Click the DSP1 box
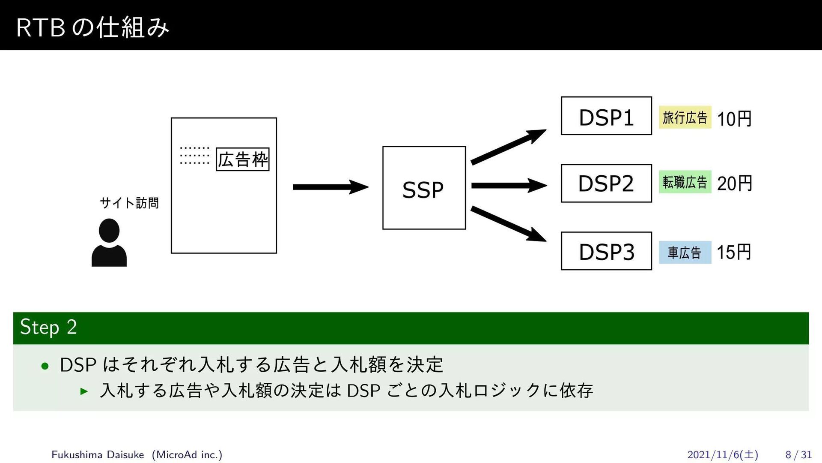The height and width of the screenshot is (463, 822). (606, 116)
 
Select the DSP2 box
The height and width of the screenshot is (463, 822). (606, 183)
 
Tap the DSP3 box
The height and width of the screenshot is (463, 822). (606, 251)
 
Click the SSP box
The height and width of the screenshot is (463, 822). (424, 188)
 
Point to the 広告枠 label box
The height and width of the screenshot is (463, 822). (243, 159)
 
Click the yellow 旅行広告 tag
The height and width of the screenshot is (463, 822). (685, 117)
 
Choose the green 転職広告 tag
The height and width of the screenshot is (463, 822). (685, 182)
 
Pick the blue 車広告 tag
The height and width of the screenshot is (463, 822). (685, 253)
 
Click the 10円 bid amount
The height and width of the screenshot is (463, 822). (734, 119)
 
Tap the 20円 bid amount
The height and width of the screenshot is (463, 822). (735, 183)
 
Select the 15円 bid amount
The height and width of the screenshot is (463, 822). (734, 252)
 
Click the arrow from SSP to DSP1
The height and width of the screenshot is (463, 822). (508, 147)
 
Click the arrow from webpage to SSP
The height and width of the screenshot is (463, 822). (330, 187)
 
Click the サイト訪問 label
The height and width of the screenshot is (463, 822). (129, 203)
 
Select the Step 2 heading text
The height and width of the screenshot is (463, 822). (48, 328)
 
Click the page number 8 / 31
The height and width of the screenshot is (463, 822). (798, 455)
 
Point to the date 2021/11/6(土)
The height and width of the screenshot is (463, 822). (723, 455)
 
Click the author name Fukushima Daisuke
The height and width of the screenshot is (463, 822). (98, 455)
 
